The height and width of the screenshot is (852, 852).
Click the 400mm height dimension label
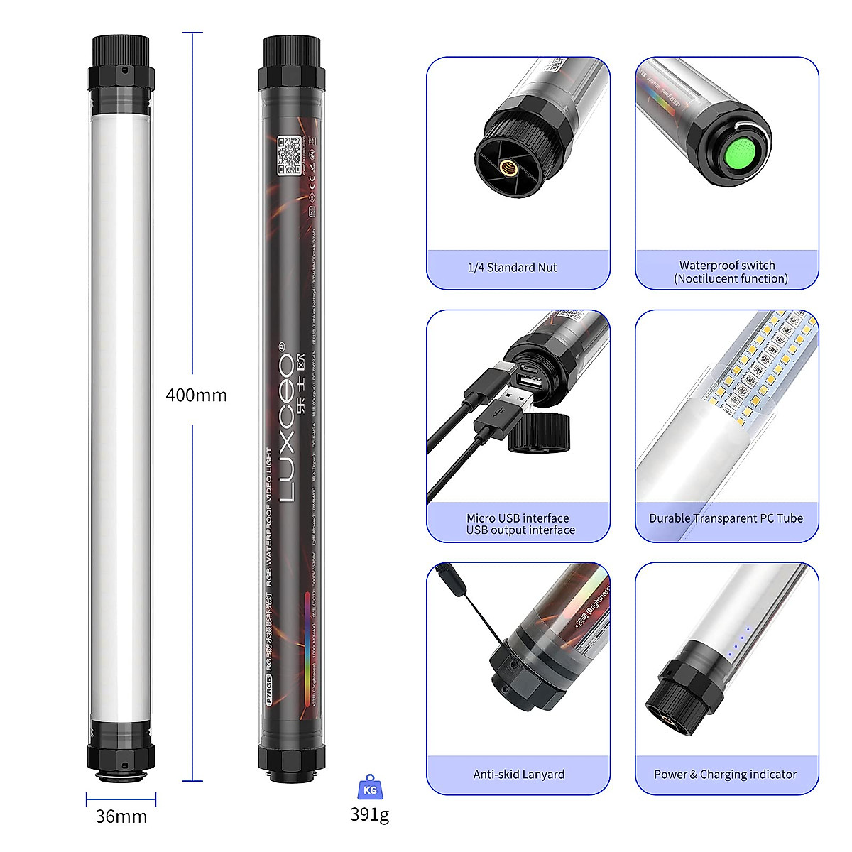point(196,395)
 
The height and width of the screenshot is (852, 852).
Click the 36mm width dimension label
point(121,816)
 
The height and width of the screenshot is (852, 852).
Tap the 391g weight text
point(369,814)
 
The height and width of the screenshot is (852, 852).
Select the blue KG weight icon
point(370,788)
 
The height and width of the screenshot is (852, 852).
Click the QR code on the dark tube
point(289,155)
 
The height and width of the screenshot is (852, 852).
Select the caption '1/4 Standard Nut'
point(512,268)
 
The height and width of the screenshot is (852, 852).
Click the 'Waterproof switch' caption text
point(727,265)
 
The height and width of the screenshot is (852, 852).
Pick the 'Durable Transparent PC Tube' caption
point(726,518)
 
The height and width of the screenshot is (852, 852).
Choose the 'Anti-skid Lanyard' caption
point(518,775)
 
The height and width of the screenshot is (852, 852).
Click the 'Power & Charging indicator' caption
point(725,775)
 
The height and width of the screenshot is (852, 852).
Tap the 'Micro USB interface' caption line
point(518,518)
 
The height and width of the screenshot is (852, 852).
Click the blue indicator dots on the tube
point(738,640)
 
